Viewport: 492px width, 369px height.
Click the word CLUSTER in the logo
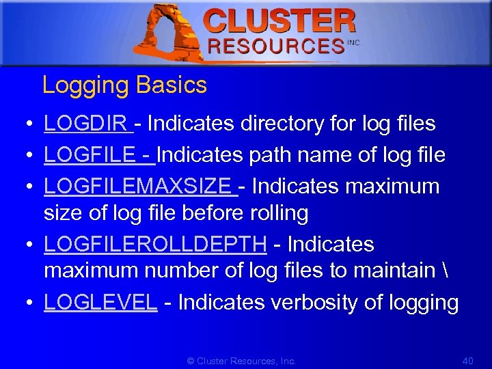280,21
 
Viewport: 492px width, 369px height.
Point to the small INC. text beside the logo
353,42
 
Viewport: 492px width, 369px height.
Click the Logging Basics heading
124,85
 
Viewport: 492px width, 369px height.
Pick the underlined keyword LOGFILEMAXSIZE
137,186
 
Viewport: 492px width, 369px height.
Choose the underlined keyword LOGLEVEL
100,302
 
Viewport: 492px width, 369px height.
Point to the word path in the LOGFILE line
272,155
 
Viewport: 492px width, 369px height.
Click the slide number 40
468,360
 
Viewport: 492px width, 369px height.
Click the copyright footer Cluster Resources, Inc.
242,360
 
